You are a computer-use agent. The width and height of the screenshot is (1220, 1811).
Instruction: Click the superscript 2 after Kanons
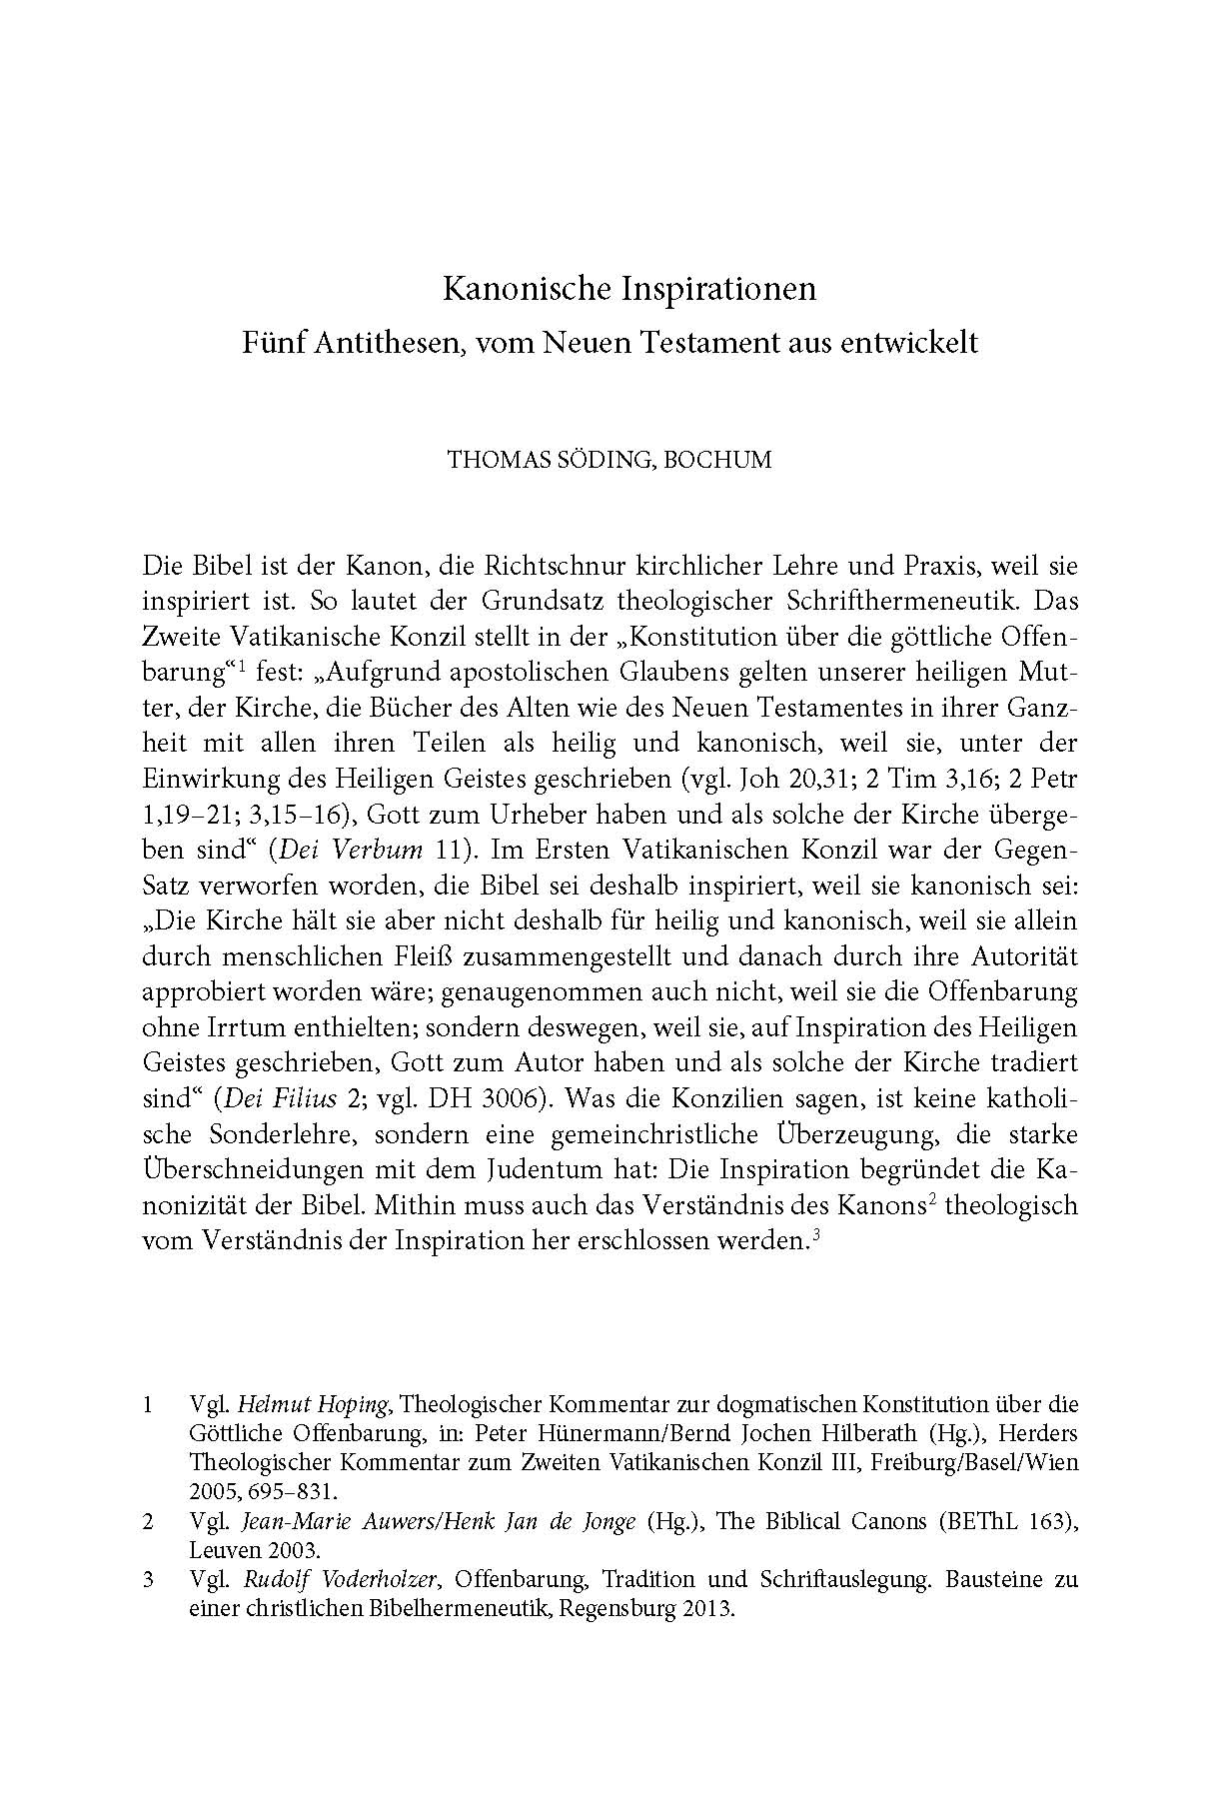[930, 1197]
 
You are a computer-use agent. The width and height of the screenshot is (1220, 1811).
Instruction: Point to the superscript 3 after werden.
[816, 1233]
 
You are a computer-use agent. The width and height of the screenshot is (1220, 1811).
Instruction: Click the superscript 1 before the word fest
[242, 667]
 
